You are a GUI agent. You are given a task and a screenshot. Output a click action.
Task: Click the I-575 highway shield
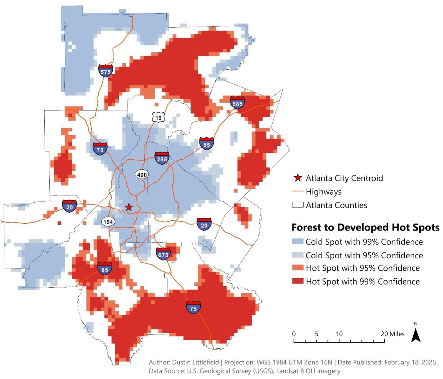point(106,71)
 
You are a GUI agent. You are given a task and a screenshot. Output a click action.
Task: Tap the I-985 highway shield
point(237,102)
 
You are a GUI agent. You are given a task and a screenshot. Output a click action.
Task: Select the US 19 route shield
point(158,117)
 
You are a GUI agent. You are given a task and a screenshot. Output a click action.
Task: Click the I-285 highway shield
point(162,158)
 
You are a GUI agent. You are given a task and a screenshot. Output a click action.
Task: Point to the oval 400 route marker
point(142,174)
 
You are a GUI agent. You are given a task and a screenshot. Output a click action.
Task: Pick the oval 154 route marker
point(108,222)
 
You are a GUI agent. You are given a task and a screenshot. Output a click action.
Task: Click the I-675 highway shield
point(163,254)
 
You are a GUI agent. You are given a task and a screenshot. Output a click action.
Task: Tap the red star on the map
point(129,207)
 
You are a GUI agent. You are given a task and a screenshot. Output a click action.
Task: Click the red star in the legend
point(298,178)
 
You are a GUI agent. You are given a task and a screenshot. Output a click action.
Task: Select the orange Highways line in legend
point(297,192)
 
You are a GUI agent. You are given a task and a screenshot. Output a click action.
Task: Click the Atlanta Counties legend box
point(297,205)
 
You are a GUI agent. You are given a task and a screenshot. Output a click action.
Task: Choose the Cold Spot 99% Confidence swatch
point(297,242)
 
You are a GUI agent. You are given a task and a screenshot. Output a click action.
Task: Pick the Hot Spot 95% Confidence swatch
point(297,268)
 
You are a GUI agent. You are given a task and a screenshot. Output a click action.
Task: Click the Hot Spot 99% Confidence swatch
point(297,281)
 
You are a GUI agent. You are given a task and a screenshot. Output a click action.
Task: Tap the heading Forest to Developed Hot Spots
point(365,227)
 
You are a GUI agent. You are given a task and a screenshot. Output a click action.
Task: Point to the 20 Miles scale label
point(393,334)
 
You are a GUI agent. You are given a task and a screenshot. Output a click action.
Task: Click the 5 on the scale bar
point(316,334)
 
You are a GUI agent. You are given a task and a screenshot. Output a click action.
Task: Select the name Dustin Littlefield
point(195,362)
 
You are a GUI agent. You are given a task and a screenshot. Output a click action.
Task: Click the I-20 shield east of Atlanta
point(204,224)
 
